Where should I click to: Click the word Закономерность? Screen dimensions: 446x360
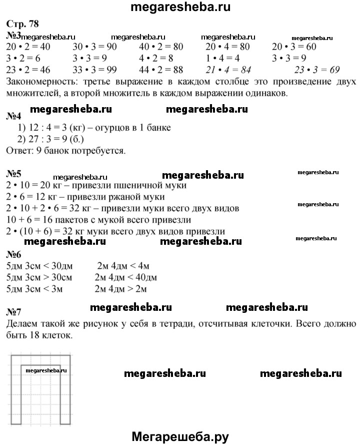pos(39,81)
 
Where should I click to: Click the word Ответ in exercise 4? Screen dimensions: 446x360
pos(18,150)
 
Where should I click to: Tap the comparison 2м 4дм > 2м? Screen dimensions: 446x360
pos(122,289)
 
